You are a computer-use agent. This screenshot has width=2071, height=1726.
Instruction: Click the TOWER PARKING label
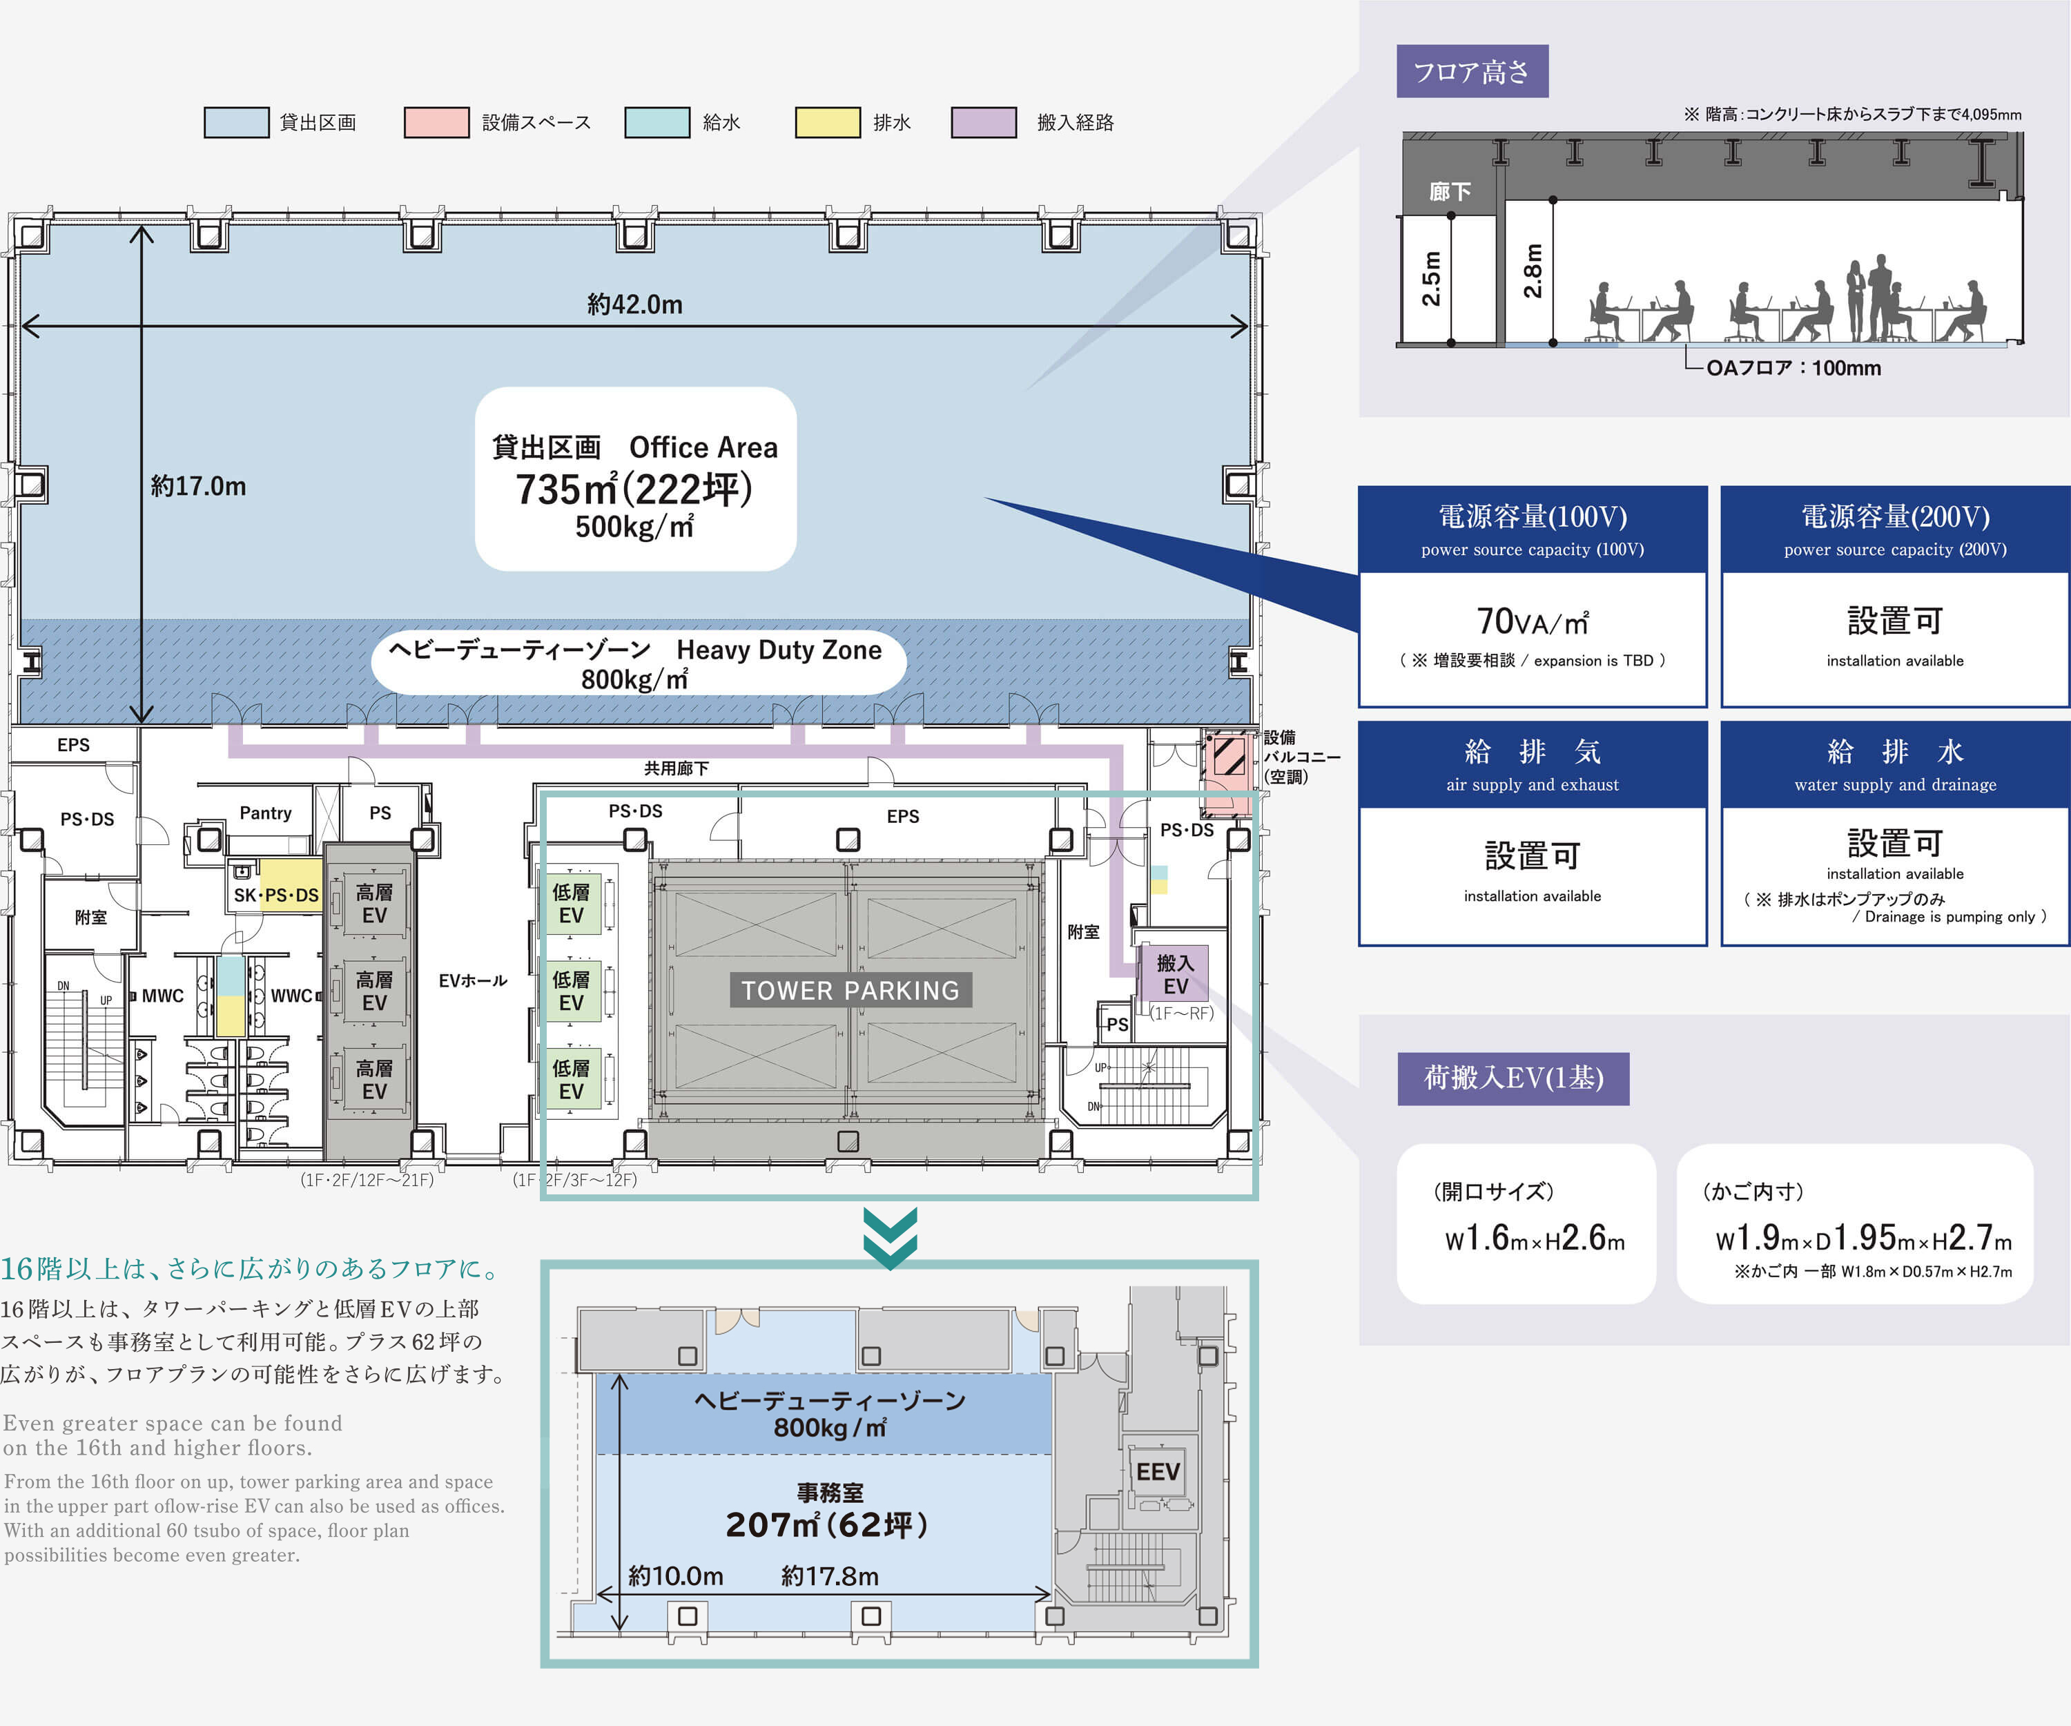[x=850, y=990]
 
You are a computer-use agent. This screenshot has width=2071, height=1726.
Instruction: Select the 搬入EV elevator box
[x=1174, y=974]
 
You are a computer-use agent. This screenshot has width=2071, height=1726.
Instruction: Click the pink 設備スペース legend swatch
[x=436, y=122]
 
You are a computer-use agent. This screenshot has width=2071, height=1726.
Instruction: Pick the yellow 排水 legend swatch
[x=828, y=122]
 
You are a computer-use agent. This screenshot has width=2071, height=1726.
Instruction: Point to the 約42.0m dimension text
[x=634, y=304]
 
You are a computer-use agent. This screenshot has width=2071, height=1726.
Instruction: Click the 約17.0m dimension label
[x=198, y=486]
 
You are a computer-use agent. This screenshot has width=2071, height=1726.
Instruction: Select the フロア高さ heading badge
[x=1471, y=71]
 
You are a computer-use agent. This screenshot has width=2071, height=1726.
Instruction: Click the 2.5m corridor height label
[x=1431, y=278]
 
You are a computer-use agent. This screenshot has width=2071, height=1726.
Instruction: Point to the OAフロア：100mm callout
[x=1793, y=368]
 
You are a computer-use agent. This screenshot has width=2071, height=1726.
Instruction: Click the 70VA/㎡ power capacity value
[x=1532, y=622]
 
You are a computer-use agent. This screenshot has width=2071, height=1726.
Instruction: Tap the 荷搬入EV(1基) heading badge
[x=1513, y=1078]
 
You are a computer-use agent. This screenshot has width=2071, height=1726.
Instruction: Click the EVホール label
[x=472, y=980]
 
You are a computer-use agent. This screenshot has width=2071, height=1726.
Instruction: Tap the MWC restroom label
[x=163, y=996]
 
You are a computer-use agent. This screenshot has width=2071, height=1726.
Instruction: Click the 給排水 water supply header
[x=1894, y=764]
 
